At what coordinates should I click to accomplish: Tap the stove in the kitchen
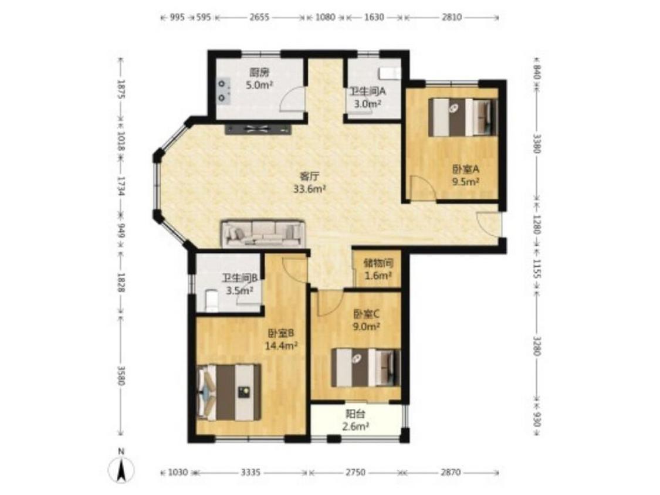point(223,90)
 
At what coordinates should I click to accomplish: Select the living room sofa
point(263,233)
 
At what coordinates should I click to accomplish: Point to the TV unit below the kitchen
point(259,130)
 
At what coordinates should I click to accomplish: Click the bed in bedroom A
point(463,117)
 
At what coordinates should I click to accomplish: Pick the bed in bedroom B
point(229,392)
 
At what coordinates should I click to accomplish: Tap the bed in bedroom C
point(365,367)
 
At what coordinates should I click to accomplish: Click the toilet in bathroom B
point(212,300)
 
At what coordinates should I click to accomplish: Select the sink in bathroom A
point(390,73)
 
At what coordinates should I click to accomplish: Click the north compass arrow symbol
point(121,469)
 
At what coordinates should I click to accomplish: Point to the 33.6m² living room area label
point(310,189)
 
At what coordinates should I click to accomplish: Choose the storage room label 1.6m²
point(378,276)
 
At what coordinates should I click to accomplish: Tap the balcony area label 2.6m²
point(356,426)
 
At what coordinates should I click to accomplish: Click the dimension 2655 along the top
point(259,17)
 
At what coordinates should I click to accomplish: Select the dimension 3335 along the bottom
point(251,472)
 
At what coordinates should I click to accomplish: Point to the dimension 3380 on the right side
point(536,144)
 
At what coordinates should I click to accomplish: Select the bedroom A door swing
point(423,189)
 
